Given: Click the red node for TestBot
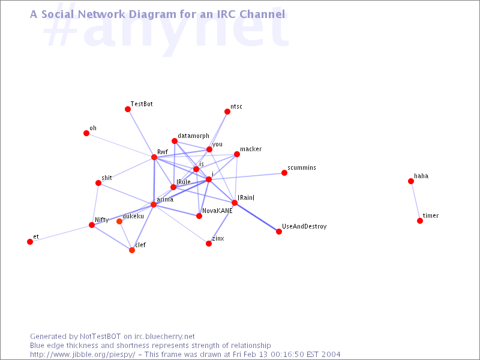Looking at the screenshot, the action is [128, 109].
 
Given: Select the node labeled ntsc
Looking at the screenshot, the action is [227, 112].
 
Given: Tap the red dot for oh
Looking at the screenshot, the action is [86, 133].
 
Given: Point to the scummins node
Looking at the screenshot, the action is [284, 173].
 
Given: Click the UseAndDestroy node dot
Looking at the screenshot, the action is [279, 232].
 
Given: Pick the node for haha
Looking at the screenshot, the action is [411, 181].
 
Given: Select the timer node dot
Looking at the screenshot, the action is [420, 221].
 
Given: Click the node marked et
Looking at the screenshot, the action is [30, 242].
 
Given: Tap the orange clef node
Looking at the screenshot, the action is [132, 250].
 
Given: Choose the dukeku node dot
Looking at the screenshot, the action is [119, 221].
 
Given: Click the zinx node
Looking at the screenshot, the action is [209, 244].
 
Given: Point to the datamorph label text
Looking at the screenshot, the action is [193, 136].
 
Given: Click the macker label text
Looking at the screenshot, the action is [251, 149].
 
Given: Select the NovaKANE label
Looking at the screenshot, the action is [217, 211].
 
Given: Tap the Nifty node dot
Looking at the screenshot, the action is [92, 225].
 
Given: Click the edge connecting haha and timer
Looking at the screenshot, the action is [415, 201].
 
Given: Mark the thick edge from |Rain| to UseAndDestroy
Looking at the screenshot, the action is [257, 217].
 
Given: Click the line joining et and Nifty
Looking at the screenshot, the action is [61, 233].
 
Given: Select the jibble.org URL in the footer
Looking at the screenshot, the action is [83, 355].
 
